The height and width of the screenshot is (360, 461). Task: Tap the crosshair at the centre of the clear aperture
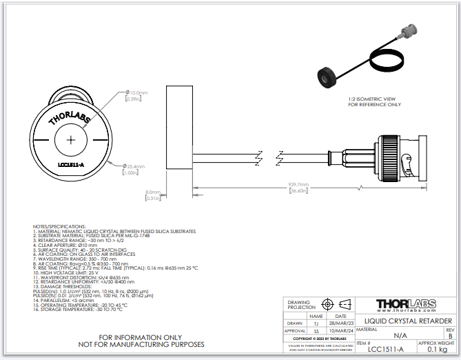[x=71, y=139]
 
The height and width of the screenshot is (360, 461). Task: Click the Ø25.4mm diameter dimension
[x=134, y=166]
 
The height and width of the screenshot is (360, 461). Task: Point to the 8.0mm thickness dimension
[x=152, y=192]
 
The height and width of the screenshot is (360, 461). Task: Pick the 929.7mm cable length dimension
[x=298, y=185]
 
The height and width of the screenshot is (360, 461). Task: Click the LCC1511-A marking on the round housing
[x=71, y=166]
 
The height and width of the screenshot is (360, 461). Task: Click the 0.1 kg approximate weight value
[x=436, y=350]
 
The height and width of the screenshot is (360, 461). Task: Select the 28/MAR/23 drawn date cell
[x=340, y=323]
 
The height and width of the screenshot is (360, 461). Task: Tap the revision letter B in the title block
[x=450, y=336]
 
